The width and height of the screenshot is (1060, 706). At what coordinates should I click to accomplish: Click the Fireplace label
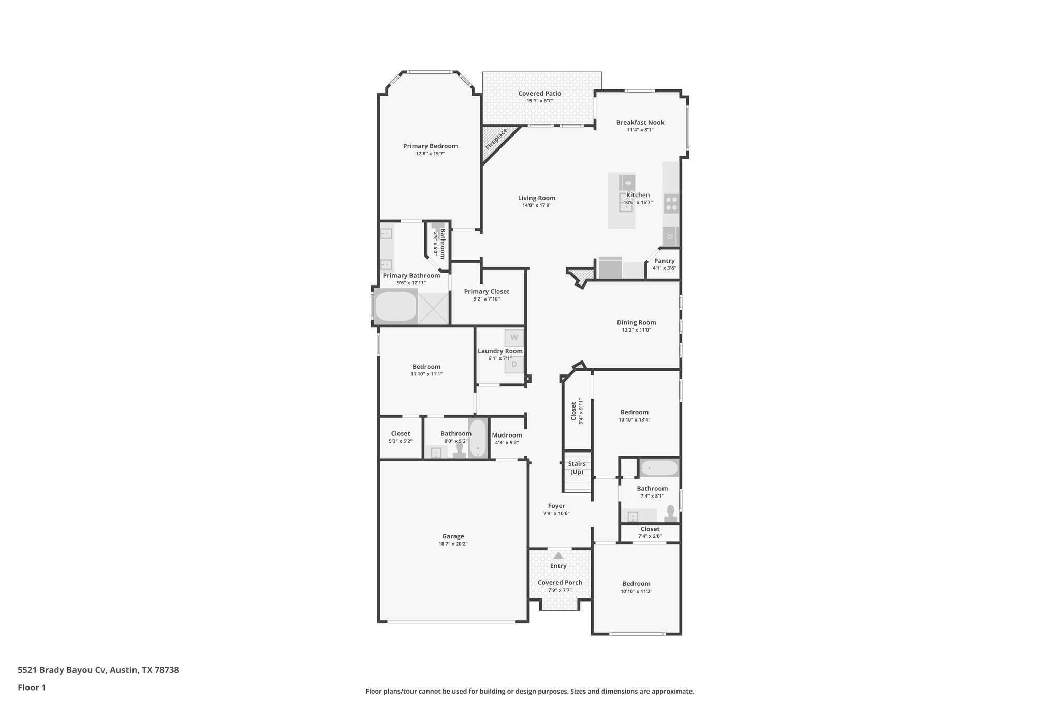pyautogui.click(x=496, y=139)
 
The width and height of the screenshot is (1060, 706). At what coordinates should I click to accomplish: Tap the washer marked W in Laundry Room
pyautogui.click(x=514, y=338)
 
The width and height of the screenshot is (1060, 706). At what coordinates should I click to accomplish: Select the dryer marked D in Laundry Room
pyautogui.click(x=514, y=365)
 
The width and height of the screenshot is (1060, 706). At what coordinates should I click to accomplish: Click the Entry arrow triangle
pyautogui.click(x=558, y=555)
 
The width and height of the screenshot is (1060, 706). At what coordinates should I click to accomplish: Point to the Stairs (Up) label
pyautogui.click(x=577, y=468)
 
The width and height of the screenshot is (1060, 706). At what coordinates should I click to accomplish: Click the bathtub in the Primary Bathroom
pyautogui.click(x=395, y=307)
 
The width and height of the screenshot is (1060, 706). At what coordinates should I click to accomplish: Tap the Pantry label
pyautogui.click(x=664, y=261)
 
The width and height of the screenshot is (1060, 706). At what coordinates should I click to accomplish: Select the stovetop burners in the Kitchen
pyautogui.click(x=671, y=203)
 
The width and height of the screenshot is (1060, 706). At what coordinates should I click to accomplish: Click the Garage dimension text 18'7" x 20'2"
pyautogui.click(x=453, y=544)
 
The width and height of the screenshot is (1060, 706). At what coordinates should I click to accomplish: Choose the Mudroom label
pyautogui.click(x=507, y=435)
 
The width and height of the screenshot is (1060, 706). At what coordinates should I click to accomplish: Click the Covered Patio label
pyautogui.click(x=539, y=94)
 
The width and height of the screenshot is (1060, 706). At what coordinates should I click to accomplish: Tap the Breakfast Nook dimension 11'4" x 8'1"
pyautogui.click(x=640, y=130)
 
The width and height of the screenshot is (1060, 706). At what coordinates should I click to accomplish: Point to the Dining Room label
pyautogui.click(x=636, y=322)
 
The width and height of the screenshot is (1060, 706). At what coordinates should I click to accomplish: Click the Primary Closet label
pyautogui.click(x=487, y=291)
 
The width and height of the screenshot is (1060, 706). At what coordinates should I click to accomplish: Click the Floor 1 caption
pyautogui.click(x=32, y=687)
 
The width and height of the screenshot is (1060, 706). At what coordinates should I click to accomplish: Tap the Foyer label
pyautogui.click(x=556, y=506)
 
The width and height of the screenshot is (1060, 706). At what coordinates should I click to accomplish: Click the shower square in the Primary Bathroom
pyautogui.click(x=433, y=308)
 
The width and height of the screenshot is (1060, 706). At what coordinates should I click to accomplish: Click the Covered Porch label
pyautogui.click(x=560, y=582)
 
